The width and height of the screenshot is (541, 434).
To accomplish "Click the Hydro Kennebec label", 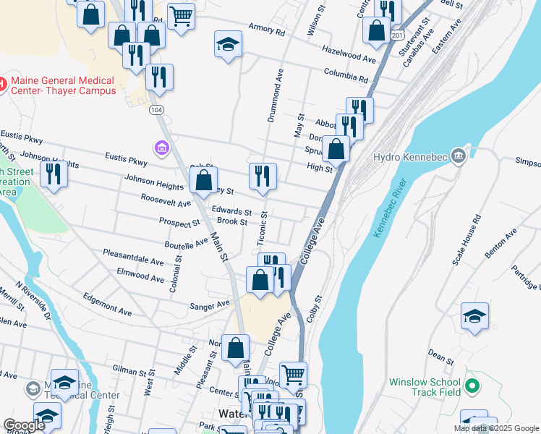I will (x=408, y=157).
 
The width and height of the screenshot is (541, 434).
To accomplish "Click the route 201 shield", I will (x=397, y=35).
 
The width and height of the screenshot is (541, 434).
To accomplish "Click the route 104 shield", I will (x=155, y=109).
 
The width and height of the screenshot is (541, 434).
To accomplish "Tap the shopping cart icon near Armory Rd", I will (x=181, y=14).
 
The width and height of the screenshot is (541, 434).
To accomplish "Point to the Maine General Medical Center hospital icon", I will (x=2, y=84).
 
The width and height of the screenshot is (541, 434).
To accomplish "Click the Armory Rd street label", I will (x=267, y=33).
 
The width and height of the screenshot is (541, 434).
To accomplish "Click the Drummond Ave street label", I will (x=275, y=96).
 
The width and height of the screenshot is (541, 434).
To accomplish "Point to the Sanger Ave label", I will (x=210, y=305).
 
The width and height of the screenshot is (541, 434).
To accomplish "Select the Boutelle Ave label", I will (x=186, y=245).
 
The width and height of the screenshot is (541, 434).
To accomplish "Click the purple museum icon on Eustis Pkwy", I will (x=161, y=149).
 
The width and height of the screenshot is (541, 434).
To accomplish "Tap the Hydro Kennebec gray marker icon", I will (x=458, y=156).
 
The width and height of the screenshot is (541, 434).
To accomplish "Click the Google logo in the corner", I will (x=23, y=425).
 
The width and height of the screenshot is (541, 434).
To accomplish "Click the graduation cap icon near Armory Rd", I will (x=228, y=44).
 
